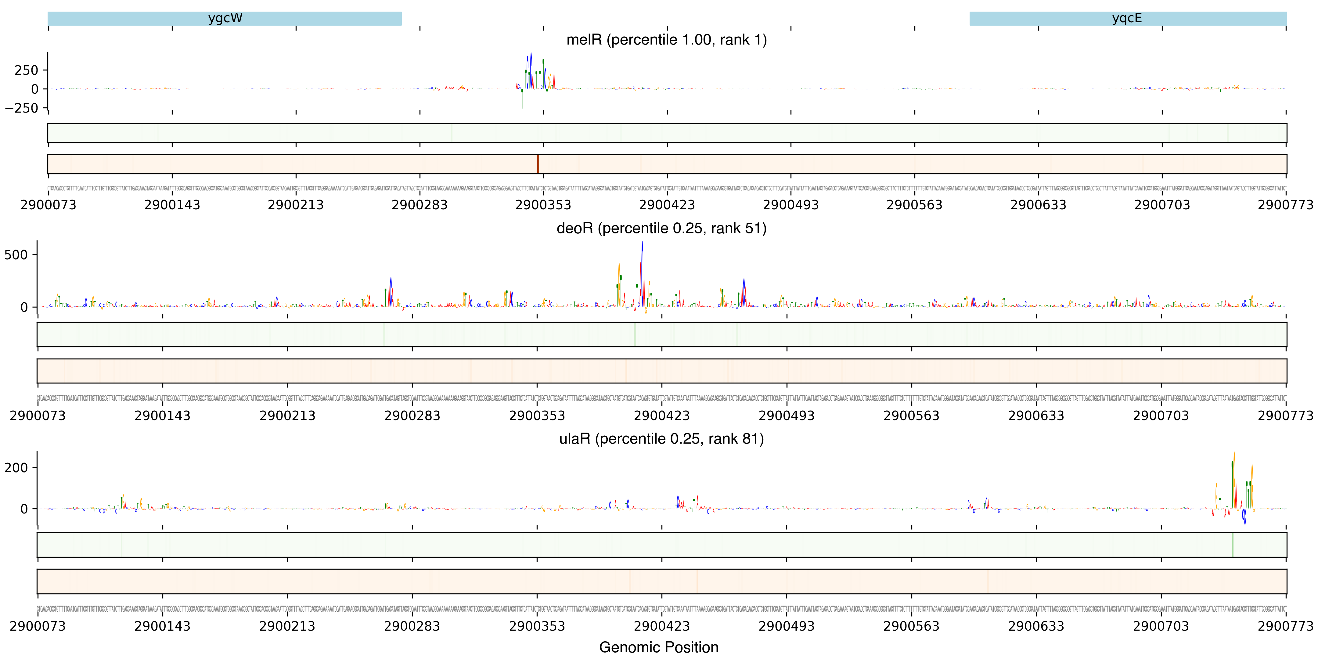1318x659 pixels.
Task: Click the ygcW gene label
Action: pos(225,18)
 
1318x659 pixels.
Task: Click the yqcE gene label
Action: pos(1127,18)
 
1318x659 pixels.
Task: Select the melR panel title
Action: pos(666,40)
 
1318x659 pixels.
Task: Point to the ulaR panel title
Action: pos(661,439)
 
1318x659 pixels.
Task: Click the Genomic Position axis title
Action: pos(658,647)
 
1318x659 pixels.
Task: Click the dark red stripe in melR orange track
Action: pos(538,164)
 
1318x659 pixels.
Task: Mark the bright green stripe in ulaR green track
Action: pos(1232,545)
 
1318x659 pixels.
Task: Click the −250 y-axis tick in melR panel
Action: pos(21,108)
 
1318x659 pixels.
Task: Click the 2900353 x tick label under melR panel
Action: pos(543,205)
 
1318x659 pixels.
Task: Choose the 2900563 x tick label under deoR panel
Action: pos(911,416)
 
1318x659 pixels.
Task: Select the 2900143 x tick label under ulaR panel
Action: pos(162,626)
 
